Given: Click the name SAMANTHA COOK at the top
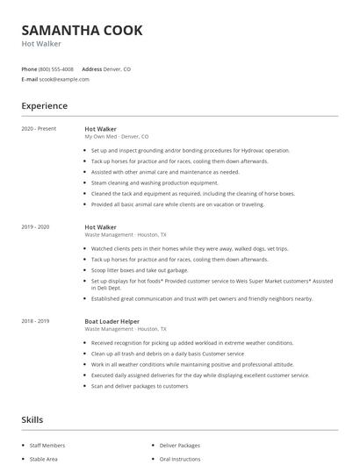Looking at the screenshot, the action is coord(82,30).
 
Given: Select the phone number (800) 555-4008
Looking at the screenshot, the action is coord(56,68).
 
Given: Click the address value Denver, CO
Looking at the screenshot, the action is coord(117,68).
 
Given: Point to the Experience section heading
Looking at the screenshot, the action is coord(45,106).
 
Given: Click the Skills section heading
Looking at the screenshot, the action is coord(32,420).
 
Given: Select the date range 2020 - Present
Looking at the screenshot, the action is coord(40,129).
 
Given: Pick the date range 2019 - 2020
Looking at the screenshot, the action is coord(36,227).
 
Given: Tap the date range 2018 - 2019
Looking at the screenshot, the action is coord(36,320).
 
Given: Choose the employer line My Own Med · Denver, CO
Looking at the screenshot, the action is coord(116,137).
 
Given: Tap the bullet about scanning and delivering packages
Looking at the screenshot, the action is coord(139,386).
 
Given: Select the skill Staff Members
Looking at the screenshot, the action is coord(48,446).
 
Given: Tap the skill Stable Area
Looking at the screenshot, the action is coord(44,459).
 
